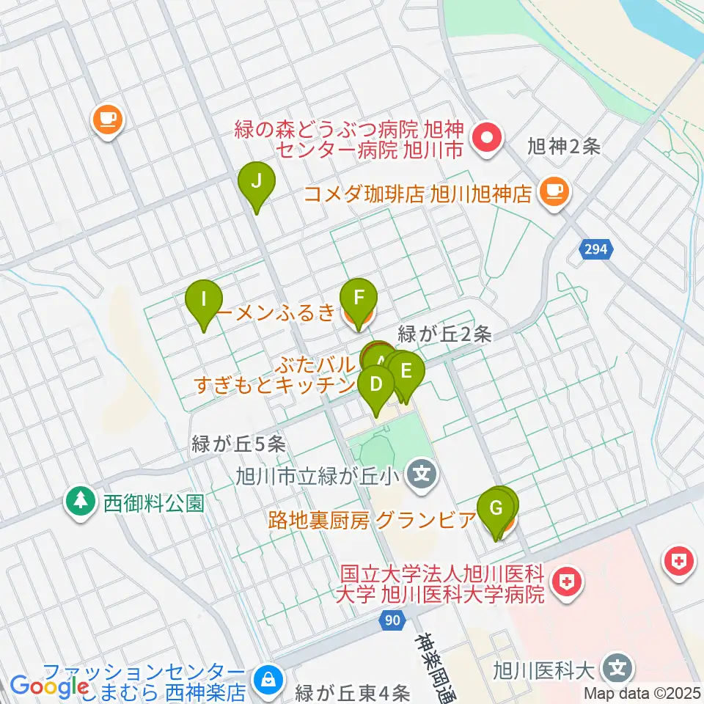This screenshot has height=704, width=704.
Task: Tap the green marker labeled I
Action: click(205, 301)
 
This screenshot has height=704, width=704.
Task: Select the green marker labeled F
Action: click(359, 300)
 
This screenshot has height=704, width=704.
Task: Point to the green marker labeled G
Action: click(495, 509)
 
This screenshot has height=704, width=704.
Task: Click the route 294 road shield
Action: click(595, 250)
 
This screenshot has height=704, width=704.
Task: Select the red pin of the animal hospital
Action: click(487, 137)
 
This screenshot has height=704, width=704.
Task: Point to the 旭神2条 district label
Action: click(564, 147)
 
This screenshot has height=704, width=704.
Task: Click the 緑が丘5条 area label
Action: click(238, 443)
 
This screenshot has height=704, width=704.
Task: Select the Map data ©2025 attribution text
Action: click(642, 693)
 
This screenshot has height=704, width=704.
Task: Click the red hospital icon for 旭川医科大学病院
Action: click(566, 584)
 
